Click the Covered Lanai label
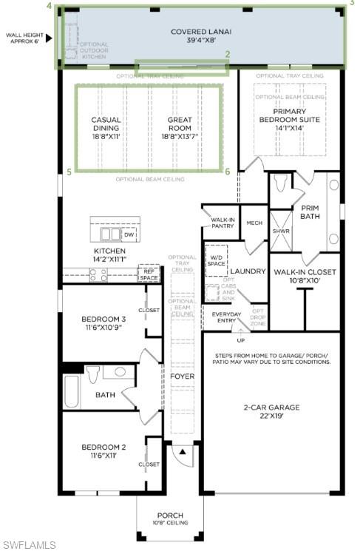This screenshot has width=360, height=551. [200, 36]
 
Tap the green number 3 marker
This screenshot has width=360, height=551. [352, 4]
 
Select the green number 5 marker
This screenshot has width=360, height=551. [69, 172]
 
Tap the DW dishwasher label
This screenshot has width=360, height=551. [129, 234]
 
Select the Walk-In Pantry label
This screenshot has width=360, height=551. [223, 223]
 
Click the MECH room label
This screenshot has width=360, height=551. [254, 223]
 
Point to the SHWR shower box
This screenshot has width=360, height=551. [280, 230]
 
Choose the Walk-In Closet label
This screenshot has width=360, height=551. [305, 276]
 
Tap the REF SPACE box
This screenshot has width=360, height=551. [149, 274]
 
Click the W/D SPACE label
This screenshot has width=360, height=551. [216, 260]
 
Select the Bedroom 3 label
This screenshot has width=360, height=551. [103, 323]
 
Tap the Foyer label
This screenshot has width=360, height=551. [182, 376]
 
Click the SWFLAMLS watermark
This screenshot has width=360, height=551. [29, 544]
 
